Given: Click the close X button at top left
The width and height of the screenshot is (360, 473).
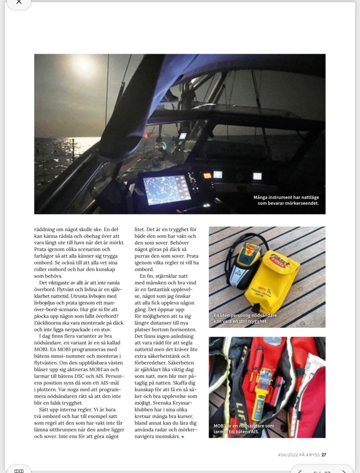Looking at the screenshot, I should click(18, 2).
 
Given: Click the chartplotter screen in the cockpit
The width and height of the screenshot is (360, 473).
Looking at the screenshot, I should click(167, 190).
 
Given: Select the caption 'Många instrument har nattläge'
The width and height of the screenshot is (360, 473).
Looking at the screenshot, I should click(286, 197).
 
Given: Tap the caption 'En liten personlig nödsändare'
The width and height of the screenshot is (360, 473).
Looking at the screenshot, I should click(245, 315).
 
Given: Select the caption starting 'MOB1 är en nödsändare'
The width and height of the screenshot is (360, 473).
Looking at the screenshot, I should click(244, 426).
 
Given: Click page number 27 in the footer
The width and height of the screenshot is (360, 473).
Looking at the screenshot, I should click(323, 455).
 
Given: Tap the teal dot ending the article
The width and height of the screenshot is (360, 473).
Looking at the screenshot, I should click(183, 436).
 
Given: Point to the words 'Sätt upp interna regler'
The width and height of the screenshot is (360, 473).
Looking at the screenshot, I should click(67, 410).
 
